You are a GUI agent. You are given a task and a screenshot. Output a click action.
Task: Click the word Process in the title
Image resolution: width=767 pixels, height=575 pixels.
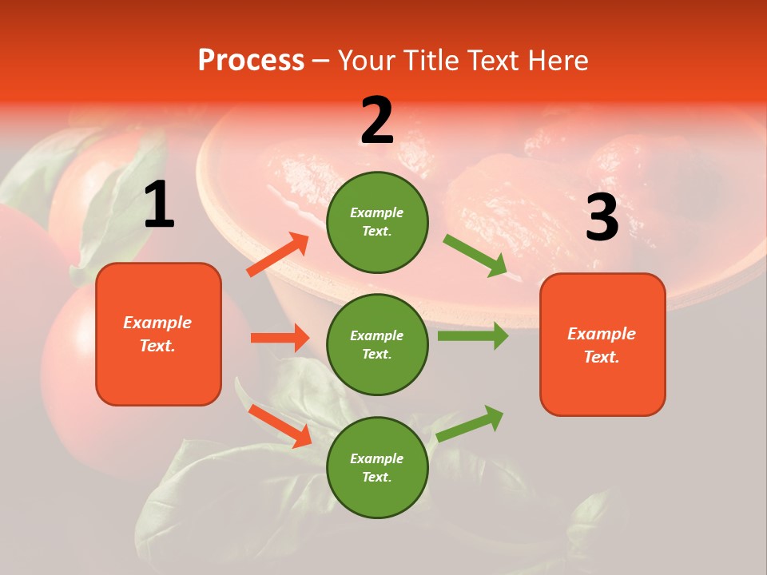pyautogui.click(x=251, y=61)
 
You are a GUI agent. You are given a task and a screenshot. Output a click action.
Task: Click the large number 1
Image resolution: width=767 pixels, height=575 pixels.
pyautogui.click(x=159, y=206)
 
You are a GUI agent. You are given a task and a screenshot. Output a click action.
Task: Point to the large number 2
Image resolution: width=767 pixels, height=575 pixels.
pyautogui.click(x=377, y=121)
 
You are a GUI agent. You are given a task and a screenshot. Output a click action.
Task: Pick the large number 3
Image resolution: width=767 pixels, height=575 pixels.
pyautogui.click(x=602, y=218)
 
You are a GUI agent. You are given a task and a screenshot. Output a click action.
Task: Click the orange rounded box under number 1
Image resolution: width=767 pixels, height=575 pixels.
pyautogui.click(x=158, y=334)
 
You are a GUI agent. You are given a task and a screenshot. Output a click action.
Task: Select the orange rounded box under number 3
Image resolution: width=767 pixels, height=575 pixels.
pyautogui.click(x=602, y=344)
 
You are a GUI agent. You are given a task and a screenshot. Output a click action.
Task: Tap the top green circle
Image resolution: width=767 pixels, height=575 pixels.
pyautogui.click(x=377, y=221)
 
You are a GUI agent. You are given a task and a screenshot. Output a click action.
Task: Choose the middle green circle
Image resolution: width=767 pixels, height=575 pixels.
pyautogui.click(x=377, y=344)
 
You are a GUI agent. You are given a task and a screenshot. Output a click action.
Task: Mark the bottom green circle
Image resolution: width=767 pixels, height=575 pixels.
pyautogui.click(x=377, y=467)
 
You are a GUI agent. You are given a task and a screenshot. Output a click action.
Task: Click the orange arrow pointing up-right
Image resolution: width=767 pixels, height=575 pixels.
pyautogui.click(x=278, y=255)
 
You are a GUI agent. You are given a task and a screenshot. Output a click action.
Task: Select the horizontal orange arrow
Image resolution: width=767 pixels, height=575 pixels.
pyautogui.click(x=280, y=338)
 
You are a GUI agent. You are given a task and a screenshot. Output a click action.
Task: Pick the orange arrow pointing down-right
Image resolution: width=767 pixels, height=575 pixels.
pyautogui.click(x=280, y=426)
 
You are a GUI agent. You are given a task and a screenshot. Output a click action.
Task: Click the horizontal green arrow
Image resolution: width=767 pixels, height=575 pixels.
pyautogui.click(x=473, y=335)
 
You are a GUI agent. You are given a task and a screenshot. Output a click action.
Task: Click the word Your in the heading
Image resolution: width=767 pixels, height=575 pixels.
pyautogui.click(x=364, y=61)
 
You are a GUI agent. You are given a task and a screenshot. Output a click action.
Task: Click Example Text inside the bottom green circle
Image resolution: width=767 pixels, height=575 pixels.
pyautogui.click(x=377, y=468)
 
